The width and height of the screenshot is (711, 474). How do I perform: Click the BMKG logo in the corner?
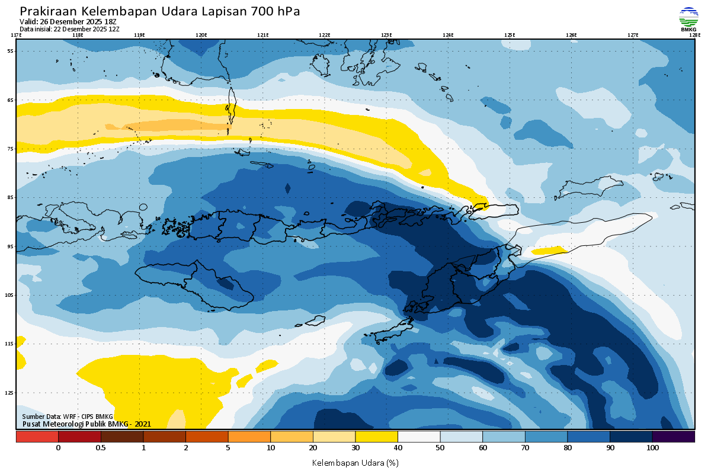688,18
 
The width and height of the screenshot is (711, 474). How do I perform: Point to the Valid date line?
68,22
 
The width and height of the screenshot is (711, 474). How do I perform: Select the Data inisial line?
69,29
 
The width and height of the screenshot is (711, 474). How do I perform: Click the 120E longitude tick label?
201,35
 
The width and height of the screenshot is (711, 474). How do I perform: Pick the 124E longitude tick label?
448,35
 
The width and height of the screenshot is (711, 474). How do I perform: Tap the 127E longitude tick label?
633,35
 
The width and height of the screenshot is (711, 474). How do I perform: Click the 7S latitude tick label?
10,149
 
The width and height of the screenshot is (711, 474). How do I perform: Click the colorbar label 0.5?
101,448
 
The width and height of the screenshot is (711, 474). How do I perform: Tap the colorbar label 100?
652,448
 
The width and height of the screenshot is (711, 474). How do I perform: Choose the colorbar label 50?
440,448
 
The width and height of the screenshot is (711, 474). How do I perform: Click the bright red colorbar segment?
37,437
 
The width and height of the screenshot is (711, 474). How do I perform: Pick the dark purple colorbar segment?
673,437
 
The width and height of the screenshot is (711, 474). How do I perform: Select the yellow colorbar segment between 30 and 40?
376,437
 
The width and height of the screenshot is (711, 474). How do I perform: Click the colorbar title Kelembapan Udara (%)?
355,462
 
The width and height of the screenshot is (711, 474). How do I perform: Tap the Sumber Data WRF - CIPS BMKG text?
67,417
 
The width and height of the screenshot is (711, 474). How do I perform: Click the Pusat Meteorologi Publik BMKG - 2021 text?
87,424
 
